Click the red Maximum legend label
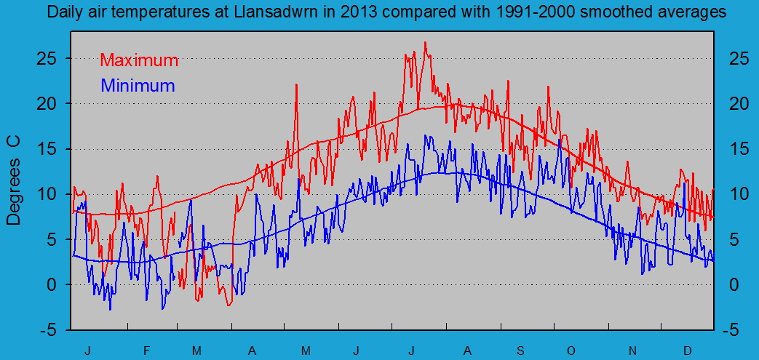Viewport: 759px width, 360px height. (138, 60)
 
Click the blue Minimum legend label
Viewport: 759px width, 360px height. (138, 85)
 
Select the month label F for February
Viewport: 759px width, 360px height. (146, 351)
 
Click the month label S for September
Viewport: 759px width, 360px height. (521, 351)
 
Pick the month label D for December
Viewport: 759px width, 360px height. (687, 351)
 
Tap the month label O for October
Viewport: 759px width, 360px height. (571, 351)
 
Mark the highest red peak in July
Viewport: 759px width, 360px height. (425, 42)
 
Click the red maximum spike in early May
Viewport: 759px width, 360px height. (296, 84)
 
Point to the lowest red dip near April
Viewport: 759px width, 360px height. (229, 305)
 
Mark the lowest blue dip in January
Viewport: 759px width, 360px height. (111, 309)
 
